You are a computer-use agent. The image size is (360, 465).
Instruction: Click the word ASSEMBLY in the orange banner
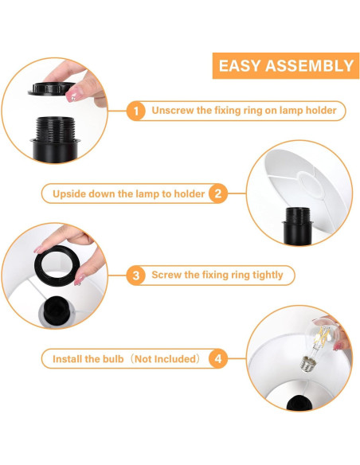click(x=310, y=65)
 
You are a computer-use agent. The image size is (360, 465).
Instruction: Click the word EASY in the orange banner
click(x=240, y=65)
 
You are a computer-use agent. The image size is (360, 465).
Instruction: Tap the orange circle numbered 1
click(x=136, y=111)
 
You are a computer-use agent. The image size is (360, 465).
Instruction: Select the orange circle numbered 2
click(x=218, y=193)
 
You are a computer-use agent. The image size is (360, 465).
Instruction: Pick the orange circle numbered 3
click(x=136, y=275)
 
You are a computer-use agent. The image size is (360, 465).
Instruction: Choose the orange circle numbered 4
click(x=218, y=359)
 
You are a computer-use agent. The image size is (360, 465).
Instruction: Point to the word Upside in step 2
click(x=69, y=194)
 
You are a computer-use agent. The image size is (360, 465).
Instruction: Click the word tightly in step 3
click(x=268, y=275)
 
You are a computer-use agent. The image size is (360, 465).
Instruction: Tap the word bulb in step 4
click(x=113, y=359)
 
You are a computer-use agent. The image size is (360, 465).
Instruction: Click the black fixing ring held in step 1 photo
click(x=52, y=88)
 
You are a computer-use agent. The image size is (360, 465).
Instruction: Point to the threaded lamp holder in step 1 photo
click(x=55, y=139)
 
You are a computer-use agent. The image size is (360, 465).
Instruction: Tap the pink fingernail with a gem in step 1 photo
click(x=72, y=95)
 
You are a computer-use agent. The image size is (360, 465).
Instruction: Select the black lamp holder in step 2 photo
click(x=297, y=226)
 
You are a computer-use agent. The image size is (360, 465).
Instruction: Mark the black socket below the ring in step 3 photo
click(x=56, y=311)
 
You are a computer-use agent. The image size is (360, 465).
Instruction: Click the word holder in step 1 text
click(x=321, y=111)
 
